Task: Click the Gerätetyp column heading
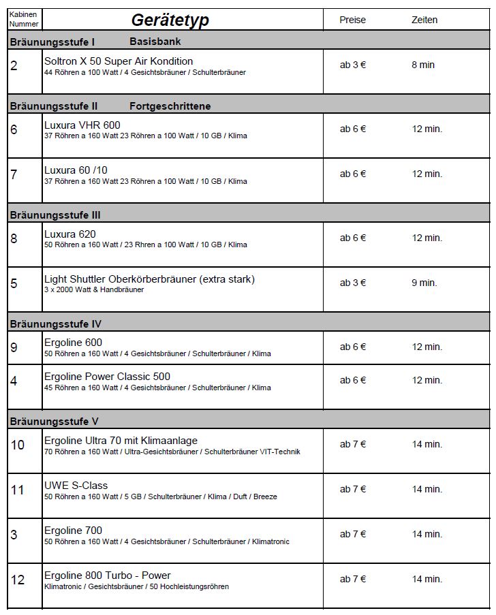click(x=170, y=20)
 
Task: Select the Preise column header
click(x=352, y=20)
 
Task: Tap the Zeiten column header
click(x=424, y=20)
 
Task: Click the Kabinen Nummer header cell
click(x=24, y=19)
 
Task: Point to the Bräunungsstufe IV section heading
click(x=55, y=324)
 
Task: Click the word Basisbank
click(x=155, y=42)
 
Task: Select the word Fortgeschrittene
click(x=170, y=106)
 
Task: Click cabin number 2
click(x=14, y=66)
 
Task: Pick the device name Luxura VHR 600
click(x=82, y=125)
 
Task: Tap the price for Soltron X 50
click(x=353, y=65)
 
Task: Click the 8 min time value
click(x=422, y=65)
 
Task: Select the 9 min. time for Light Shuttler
click(x=424, y=283)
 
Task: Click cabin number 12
click(x=18, y=580)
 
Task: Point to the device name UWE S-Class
click(x=76, y=486)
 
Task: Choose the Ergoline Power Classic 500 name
click(x=107, y=377)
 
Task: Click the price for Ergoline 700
click(x=353, y=534)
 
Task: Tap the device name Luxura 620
click(x=69, y=234)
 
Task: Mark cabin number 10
click(x=18, y=445)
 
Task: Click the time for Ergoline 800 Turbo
click(x=427, y=579)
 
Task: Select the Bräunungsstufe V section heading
click(x=54, y=421)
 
